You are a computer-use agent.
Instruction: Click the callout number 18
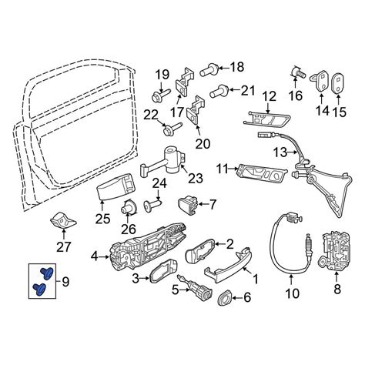[x=236, y=67]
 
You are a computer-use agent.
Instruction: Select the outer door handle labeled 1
[x=227, y=266]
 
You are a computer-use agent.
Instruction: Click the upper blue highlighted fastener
[x=47, y=273]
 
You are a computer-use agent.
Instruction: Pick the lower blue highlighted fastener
[x=40, y=290]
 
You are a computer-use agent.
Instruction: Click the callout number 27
[x=63, y=247]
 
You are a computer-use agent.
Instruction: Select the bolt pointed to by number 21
[x=219, y=92]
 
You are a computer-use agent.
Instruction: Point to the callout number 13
[x=280, y=152]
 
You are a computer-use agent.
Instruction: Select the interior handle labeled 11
[x=263, y=174]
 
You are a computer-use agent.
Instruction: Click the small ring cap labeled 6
[x=225, y=298]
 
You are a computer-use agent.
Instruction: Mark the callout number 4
[x=95, y=256]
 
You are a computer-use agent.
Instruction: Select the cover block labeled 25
[x=116, y=186]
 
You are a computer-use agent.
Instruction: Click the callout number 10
[x=292, y=293]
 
